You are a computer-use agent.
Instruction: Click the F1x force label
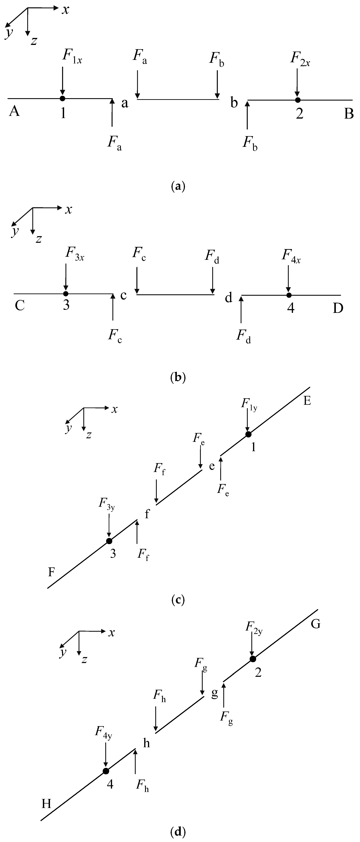[x=72, y=56]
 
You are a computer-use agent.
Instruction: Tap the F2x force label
[x=300, y=59]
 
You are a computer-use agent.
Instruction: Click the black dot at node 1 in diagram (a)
[x=62, y=98]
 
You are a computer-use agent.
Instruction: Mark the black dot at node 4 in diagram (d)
[x=106, y=771]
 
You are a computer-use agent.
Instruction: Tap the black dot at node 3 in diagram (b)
[x=66, y=293]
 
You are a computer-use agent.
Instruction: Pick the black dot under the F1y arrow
[x=248, y=434]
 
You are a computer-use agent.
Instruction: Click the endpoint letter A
[x=14, y=112]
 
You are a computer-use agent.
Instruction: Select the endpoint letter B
[x=349, y=114]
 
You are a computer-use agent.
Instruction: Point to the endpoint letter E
[x=307, y=401]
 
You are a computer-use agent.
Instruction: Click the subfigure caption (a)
[x=178, y=187]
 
